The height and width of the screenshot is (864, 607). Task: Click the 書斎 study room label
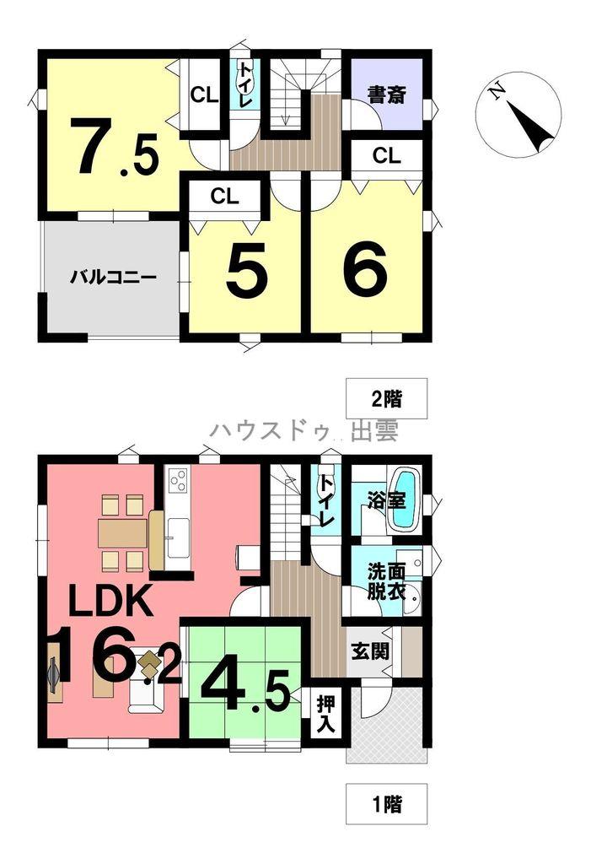(387, 94)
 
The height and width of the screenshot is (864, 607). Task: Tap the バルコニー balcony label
(113, 276)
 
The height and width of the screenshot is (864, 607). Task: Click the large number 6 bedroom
(365, 270)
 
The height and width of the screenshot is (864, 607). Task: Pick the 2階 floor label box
(386, 398)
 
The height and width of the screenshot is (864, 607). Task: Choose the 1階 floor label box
(386, 804)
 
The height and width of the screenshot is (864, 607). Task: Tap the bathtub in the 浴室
(407, 499)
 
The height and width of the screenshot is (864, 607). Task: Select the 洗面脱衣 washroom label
(387, 582)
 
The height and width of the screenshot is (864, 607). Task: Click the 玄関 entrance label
(370, 651)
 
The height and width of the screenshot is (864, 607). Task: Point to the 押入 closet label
(326, 714)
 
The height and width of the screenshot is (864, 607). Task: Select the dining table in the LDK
(122, 533)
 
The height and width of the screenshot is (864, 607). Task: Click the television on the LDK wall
(53, 672)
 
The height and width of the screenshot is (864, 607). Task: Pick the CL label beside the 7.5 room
(204, 95)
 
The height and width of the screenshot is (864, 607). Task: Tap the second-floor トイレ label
(245, 84)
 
